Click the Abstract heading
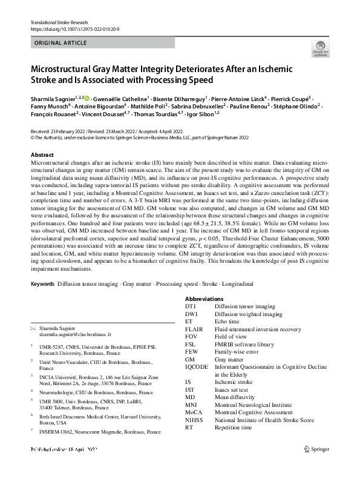(x=42, y=155)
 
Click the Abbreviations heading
(x=205, y=299)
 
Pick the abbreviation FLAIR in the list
(x=195, y=329)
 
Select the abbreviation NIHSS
(x=196, y=420)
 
